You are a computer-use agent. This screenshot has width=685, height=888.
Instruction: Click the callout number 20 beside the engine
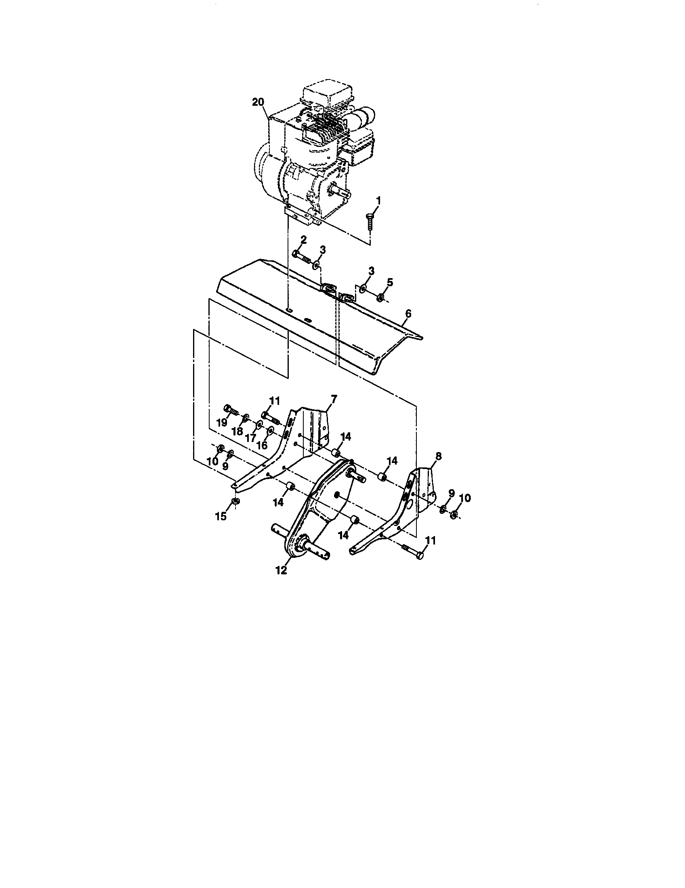point(258,102)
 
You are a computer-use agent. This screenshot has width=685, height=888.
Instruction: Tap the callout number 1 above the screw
point(378,200)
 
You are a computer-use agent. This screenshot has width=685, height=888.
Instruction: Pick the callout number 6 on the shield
point(408,314)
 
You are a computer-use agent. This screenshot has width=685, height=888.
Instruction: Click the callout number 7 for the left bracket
point(334,400)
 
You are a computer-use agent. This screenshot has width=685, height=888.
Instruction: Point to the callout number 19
point(221,423)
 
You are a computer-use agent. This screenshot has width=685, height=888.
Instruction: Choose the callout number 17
point(251,438)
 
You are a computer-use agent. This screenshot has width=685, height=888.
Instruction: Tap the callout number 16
point(263,445)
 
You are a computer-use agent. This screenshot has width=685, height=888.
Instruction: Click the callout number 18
point(237,431)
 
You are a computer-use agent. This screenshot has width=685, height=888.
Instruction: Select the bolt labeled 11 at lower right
point(414,552)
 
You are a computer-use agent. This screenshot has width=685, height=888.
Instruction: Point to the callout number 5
point(389,281)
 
